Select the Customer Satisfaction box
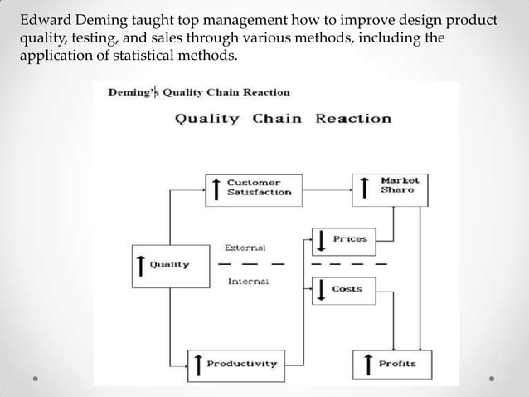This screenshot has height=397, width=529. [x=253, y=187]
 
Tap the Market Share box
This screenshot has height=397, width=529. [x=389, y=186]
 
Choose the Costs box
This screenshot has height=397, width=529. [x=341, y=289]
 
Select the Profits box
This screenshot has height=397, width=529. [x=389, y=363]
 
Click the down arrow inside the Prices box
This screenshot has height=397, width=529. [x=321, y=241]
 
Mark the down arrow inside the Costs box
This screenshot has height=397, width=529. [x=321, y=290]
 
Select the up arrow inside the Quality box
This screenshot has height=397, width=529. [x=142, y=266]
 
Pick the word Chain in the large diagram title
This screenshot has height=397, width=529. [x=278, y=118]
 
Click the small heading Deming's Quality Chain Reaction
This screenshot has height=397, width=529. [x=199, y=92]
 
